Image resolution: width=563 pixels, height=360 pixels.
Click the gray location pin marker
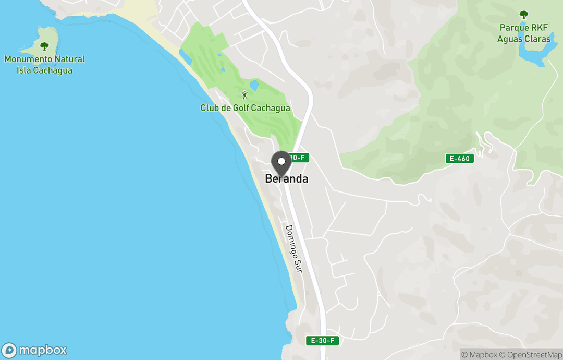point(281,163)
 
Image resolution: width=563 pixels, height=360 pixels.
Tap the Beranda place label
point(286,178)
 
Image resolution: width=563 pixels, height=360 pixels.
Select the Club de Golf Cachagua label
point(245,108)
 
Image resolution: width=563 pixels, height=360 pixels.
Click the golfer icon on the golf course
point(245,95)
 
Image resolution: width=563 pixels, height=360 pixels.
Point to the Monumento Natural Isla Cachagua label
point(44,65)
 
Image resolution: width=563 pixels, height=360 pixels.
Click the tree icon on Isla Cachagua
point(44,46)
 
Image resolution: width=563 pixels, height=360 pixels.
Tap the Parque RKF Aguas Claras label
point(523,33)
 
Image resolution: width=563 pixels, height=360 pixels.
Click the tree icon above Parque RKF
point(523,15)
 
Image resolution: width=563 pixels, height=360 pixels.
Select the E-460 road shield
point(460,158)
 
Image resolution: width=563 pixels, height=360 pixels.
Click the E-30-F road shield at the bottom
point(323,341)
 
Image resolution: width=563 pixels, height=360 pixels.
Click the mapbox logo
point(34,350)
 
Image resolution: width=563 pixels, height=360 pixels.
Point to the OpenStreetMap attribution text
point(530,355)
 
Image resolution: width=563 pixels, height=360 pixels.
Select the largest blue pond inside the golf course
point(254,85)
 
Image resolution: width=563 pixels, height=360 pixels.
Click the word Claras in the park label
point(538,39)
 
